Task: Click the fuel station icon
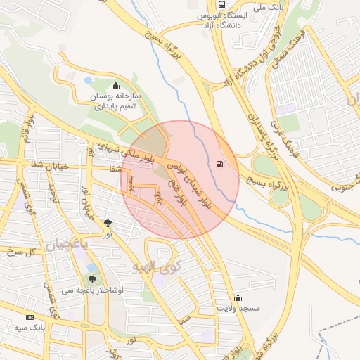tap(221, 165)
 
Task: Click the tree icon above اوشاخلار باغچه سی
tap(92, 279)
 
